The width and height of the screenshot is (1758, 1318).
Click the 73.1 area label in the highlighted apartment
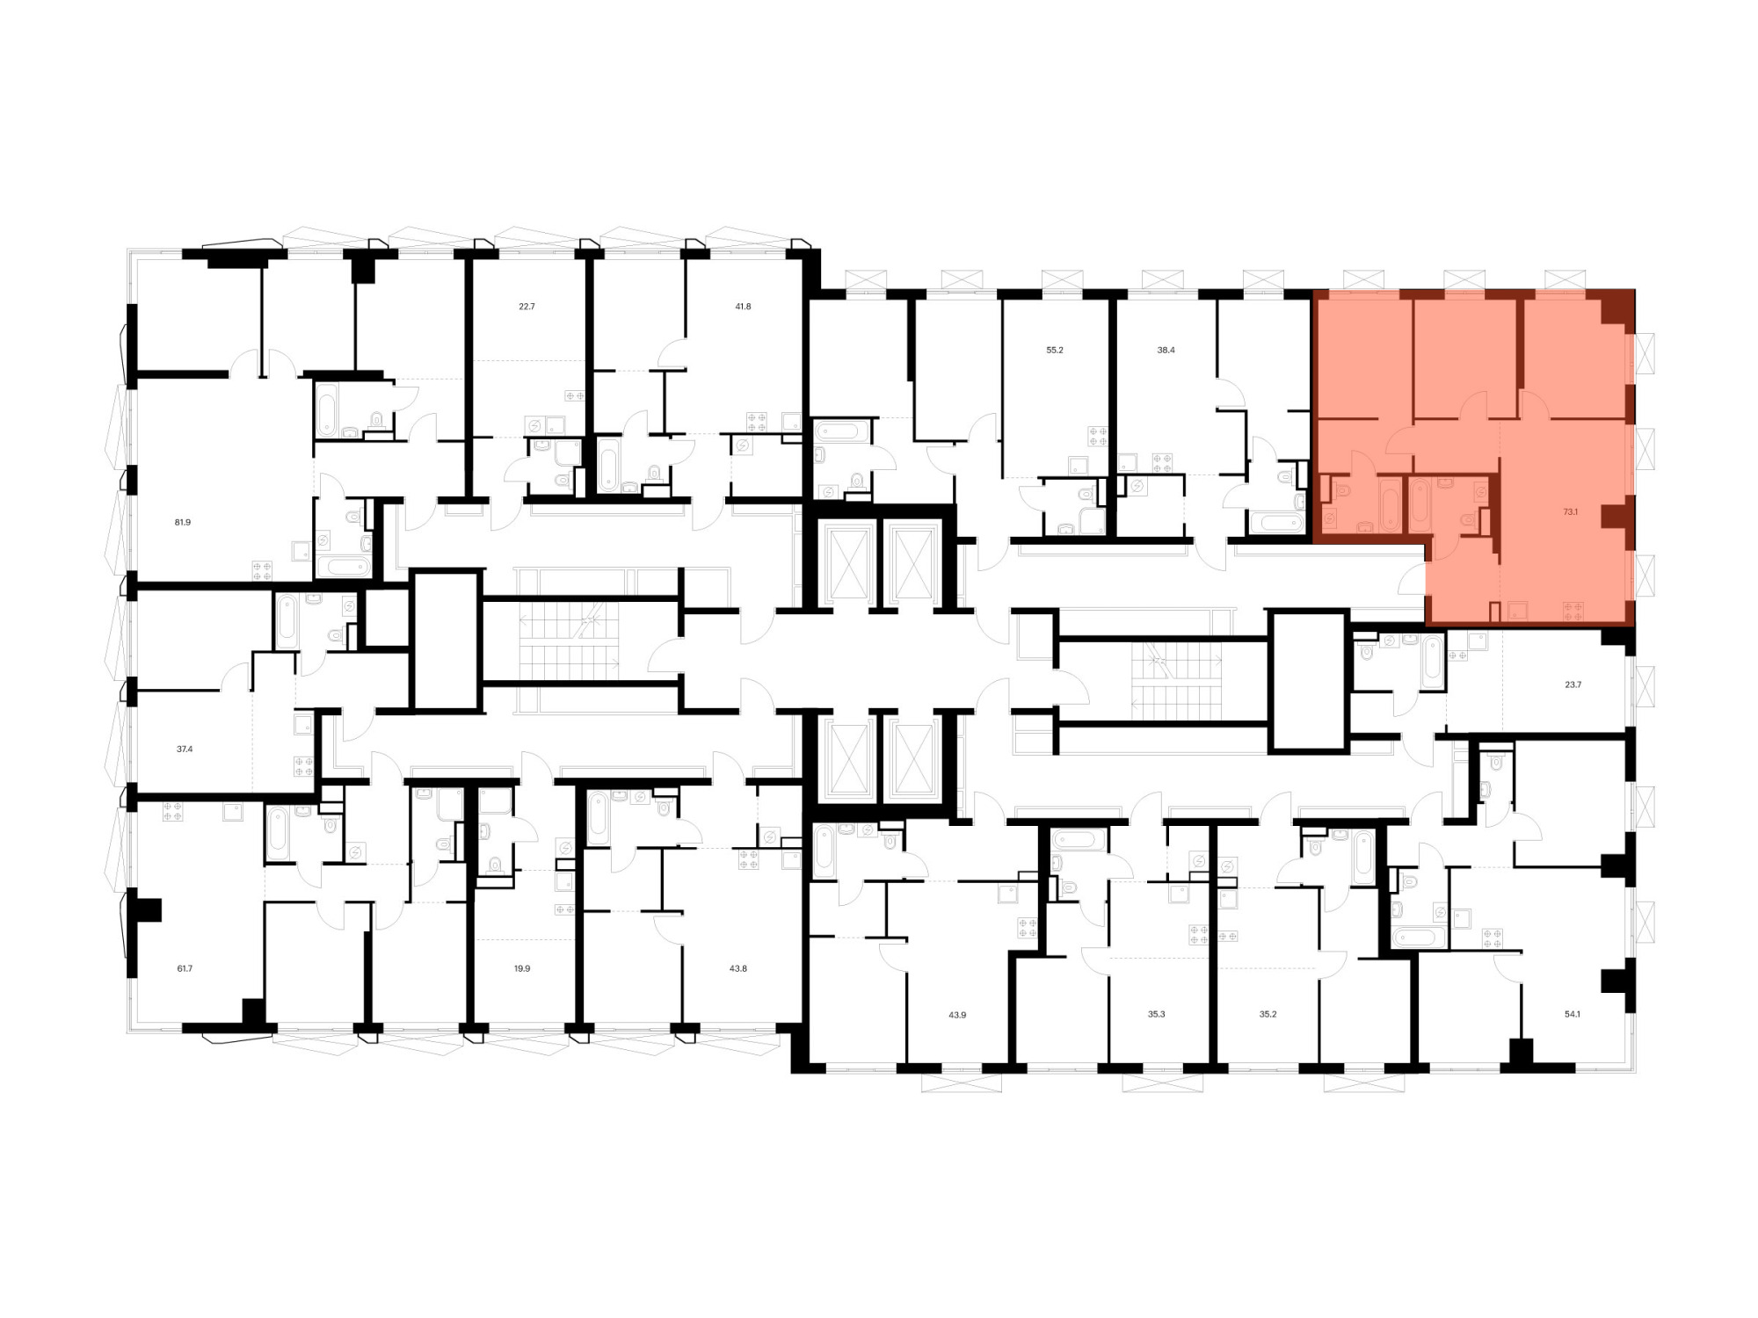click(x=1571, y=511)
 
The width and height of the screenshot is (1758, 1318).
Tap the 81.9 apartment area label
click(x=183, y=522)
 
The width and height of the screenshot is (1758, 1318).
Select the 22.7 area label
click(x=527, y=307)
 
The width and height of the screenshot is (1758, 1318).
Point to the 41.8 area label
click(x=743, y=307)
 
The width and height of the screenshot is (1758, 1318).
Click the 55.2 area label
click(x=1055, y=350)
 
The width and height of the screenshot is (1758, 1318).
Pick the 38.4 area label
click(x=1166, y=350)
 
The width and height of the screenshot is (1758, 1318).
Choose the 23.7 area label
click(x=1573, y=684)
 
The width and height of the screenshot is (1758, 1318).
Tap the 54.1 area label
click(x=1573, y=1014)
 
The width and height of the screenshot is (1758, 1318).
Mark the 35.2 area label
click(x=1268, y=1014)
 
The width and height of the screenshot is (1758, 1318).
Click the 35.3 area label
click(x=1156, y=1014)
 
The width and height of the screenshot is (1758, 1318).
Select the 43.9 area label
click(x=957, y=1015)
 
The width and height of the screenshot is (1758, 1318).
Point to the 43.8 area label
click(x=738, y=968)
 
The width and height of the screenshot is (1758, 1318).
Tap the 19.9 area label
click(x=522, y=968)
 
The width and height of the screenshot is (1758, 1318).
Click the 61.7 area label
click(x=185, y=968)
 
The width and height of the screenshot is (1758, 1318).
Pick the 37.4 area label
click(x=185, y=750)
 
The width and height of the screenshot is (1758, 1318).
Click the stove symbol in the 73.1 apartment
click(x=1573, y=612)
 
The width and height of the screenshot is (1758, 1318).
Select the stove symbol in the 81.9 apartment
click(x=262, y=570)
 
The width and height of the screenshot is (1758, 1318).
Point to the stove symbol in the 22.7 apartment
click(x=575, y=396)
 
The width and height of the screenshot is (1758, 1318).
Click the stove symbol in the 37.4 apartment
click(x=304, y=766)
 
